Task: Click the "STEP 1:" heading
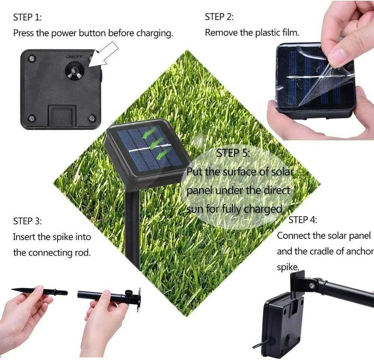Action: pyautogui.click(x=27, y=17)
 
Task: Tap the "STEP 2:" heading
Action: pyautogui.click(x=219, y=17)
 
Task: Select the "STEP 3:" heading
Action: pyautogui.click(x=28, y=221)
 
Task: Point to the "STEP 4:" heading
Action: pyautogui.click(x=303, y=220)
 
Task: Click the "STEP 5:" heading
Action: pyautogui.click(x=233, y=153)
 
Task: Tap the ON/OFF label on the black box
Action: pyautogui.click(x=74, y=57)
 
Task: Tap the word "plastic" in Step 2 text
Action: pyautogui.click(x=268, y=33)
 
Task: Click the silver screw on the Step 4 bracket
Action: pyautogui.click(x=311, y=286)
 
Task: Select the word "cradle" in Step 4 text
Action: pyautogui.click(x=324, y=251)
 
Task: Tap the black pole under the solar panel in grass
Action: pyautogui.click(x=133, y=228)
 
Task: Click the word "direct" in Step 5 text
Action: pyautogui.click(x=276, y=190)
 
